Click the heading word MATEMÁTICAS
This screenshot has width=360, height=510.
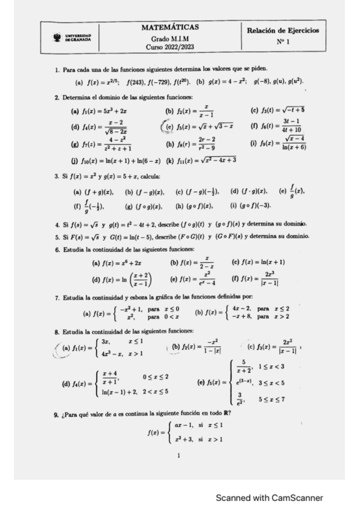pos(171,27)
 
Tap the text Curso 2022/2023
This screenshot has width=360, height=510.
pos(170,48)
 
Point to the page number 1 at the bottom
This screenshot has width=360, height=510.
pos(178,455)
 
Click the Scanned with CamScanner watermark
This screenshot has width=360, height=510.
pos(269,497)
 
